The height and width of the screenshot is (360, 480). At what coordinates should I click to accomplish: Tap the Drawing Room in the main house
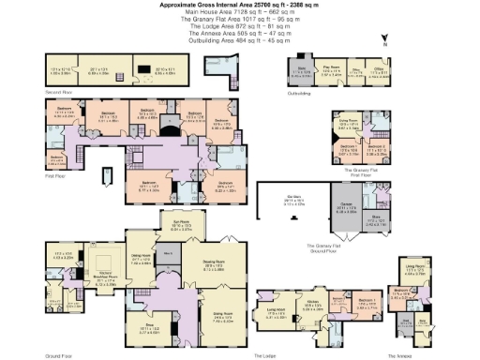(x=217, y=265)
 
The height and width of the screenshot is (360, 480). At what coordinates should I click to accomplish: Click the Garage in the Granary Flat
(x=345, y=210)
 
